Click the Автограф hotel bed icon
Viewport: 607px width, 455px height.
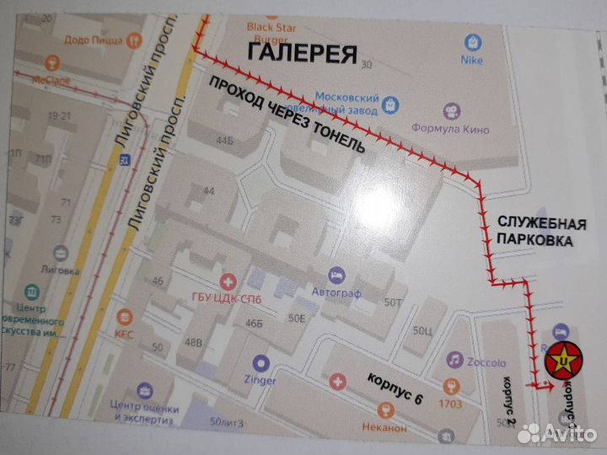pos(336,276)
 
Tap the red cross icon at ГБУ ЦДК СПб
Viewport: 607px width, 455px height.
pos(227,281)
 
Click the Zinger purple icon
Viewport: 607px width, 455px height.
pos(261,365)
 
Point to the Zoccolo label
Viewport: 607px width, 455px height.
pos(487,362)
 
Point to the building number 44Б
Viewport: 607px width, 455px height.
pos(224,141)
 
